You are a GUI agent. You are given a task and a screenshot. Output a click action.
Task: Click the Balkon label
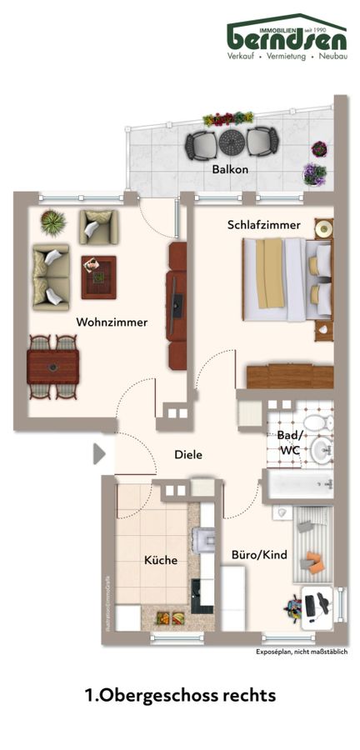coord(230,170)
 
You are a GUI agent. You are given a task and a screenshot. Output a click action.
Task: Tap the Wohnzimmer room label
coord(112,322)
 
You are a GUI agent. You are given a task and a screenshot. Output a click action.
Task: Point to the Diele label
coord(188,455)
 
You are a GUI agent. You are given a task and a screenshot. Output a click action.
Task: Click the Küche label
coord(161,560)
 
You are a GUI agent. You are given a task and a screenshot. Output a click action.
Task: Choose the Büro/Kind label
coord(252,553)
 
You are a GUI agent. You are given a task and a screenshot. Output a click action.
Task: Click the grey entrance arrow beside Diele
coord(99,454)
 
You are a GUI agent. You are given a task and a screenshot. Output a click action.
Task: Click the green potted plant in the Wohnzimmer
coord(53,222)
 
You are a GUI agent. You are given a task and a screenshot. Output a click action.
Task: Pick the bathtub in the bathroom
coord(298,485)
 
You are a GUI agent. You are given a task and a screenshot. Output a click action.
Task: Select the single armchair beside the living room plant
coord(97,226)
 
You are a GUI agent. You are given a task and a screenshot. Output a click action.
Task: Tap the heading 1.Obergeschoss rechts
coord(179,694)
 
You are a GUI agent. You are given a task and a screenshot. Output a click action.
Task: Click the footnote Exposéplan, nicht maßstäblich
coord(302,652)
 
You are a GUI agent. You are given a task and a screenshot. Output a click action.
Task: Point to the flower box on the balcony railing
coord(229,118)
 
